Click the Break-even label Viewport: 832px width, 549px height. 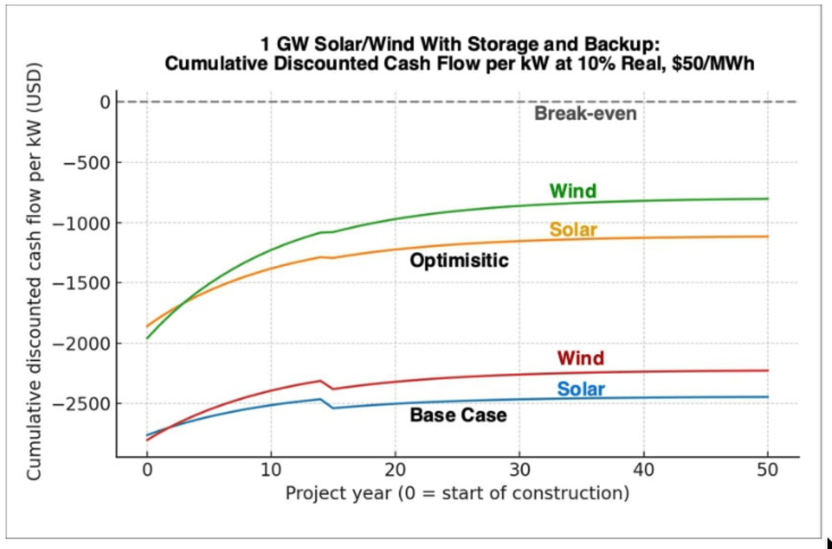(x=584, y=114)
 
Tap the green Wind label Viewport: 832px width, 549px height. (x=573, y=191)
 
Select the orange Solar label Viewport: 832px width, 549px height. (x=573, y=229)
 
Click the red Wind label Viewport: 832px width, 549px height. (x=580, y=358)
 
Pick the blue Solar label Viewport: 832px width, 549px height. (x=581, y=390)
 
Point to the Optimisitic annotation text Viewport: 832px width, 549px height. (x=459, y=261)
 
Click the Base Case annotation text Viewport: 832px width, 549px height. (x=458, y=415)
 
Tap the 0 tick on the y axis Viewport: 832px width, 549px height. (x=105, y=103)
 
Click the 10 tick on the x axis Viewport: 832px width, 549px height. (x=271, y=471)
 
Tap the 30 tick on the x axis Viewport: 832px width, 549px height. (x=519, y=471)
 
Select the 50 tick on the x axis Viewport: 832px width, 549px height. (x=768, y=471)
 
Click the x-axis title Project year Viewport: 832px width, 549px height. (x=457, y=494)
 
